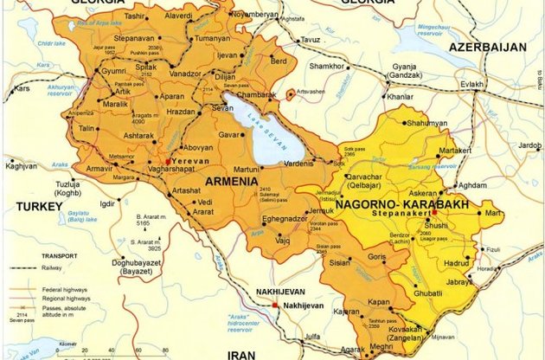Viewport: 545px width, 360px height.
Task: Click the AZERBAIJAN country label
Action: [492, 45]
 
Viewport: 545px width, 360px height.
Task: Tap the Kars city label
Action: [21, 88]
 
